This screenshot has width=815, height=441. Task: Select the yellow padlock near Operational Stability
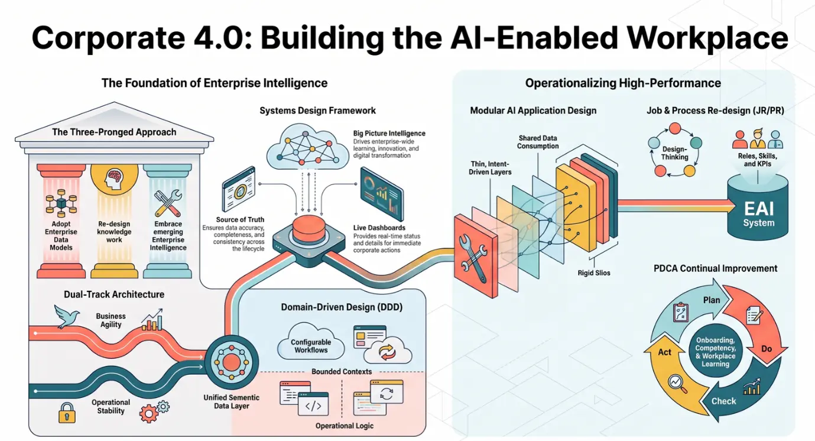coord(67,413)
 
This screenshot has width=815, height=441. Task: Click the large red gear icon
coord(148,413)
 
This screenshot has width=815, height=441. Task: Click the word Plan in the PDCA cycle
coord(712,300)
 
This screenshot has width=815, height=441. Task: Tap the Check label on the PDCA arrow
coord(723,401)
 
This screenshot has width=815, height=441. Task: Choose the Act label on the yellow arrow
coord(664,352)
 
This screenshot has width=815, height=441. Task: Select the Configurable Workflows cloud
coord(311,342)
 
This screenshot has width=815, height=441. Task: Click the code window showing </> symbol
coord(313,404)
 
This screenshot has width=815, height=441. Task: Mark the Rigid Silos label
coord(594,273)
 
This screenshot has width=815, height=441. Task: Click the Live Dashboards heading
coord(379,228)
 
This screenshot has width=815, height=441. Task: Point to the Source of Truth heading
coord(240,219)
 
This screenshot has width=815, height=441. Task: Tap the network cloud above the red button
coord(308,147)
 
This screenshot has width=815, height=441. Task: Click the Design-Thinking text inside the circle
coord(674,153)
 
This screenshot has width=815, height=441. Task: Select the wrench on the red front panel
coord(473,258)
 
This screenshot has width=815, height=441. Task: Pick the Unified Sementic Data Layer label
coord(232,402)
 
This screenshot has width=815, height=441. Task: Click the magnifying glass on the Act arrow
coord(677,384)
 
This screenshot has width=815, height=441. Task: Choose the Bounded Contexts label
coord(342,371)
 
